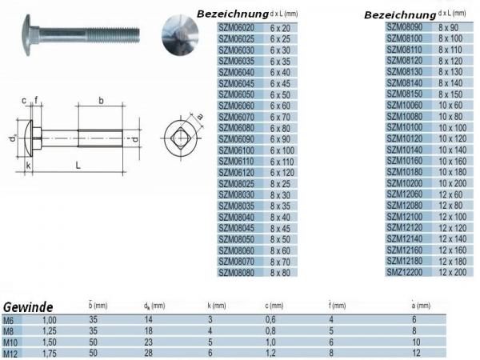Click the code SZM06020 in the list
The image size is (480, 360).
(236, 28)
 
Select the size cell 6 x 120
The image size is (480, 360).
(282, 173)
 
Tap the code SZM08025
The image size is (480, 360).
(236, 184)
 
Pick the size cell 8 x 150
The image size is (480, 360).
(450, 94)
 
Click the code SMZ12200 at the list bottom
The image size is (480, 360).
(404, 272)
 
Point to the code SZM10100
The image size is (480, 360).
(404, 127)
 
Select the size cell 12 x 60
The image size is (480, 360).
(450, 194)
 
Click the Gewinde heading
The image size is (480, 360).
(28, 307)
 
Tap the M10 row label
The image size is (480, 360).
(10, 342)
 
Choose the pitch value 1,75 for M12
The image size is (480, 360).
(50, 354)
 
